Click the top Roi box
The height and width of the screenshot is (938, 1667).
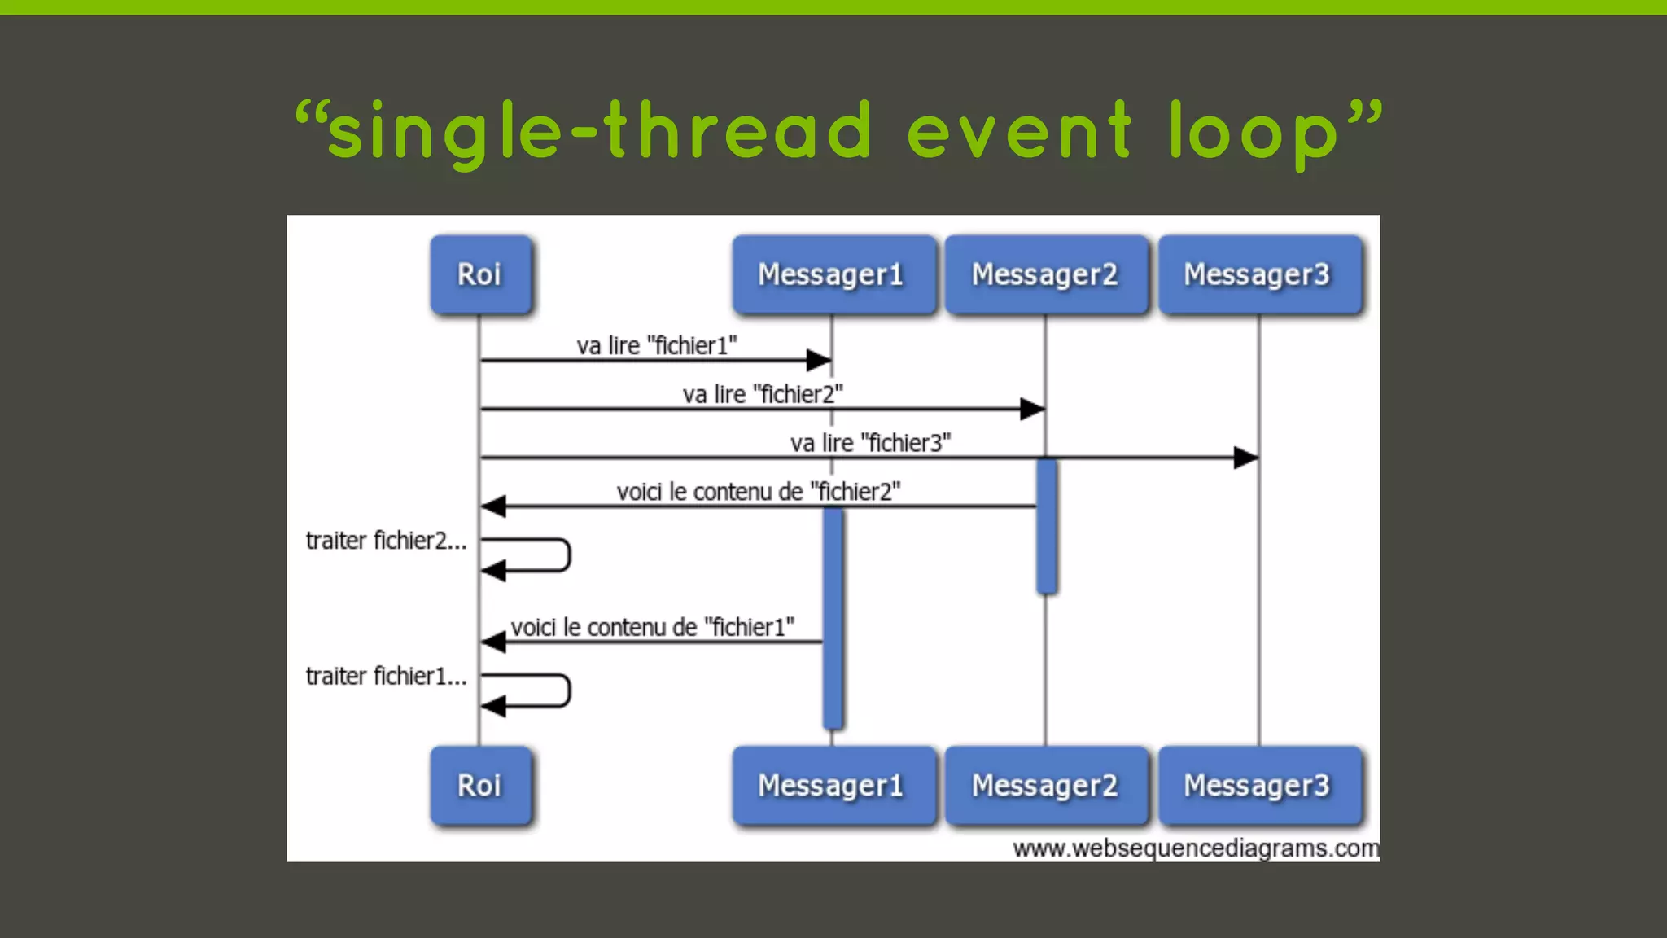(x=479, y=274)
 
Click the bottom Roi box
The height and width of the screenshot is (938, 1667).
(x=479, y=786)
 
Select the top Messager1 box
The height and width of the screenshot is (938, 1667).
(x=832, y=274)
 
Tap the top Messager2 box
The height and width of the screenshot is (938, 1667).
(x=1045, y=274)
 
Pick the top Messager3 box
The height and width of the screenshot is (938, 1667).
(x=1258, y=274)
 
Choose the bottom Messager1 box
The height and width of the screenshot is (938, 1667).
(x=832, y=786)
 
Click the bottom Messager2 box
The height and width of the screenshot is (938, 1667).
(x=1045, y=786)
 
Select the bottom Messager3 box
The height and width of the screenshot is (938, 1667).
(x=1258, y=786)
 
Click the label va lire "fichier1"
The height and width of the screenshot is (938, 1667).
(x=657, y=346)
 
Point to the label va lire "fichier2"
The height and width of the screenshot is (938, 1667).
(x=763, y=395)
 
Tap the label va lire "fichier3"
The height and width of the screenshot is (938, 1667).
(x=870, y=444)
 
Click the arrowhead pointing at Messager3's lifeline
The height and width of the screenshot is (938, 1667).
(x=1245, y=458)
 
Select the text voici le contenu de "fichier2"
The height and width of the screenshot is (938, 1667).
(x=758, y=492)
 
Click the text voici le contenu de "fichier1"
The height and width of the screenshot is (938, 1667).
(x=652, y=628)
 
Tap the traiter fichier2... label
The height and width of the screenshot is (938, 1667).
(x=386, y=541)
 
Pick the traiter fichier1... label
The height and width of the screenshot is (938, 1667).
(x=386, y=677)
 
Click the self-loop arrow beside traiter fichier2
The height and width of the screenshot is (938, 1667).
(x=537, y=555)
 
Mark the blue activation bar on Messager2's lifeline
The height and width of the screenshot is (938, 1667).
(x=1047, y=526)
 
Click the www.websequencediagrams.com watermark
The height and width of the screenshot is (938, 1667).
(x=1195, y=848)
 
